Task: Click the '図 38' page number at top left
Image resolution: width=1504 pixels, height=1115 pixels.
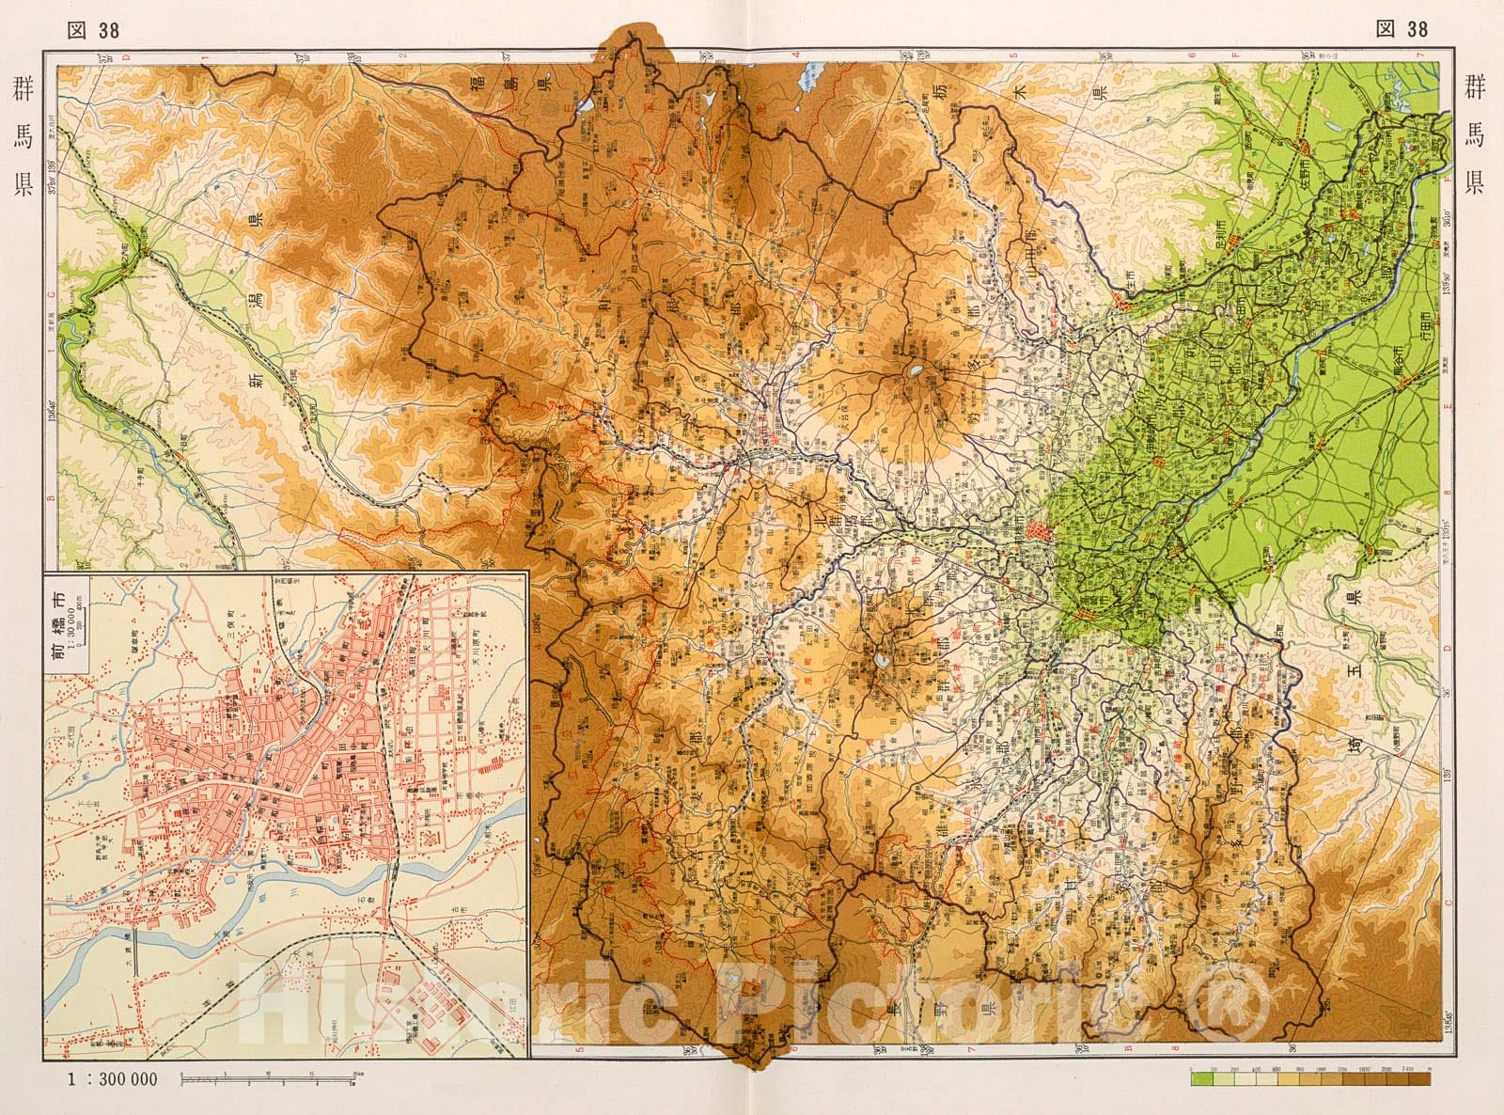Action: point(94,29)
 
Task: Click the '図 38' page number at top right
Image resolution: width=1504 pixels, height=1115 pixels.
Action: point(1402,29)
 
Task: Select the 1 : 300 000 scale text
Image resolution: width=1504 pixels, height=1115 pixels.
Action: point(110,1079)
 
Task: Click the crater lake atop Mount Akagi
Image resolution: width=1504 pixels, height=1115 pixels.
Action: point(912,372)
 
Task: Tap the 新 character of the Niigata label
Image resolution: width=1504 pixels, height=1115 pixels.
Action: point(254,381)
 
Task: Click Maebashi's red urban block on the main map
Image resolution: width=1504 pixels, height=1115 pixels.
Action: point(1038,532)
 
